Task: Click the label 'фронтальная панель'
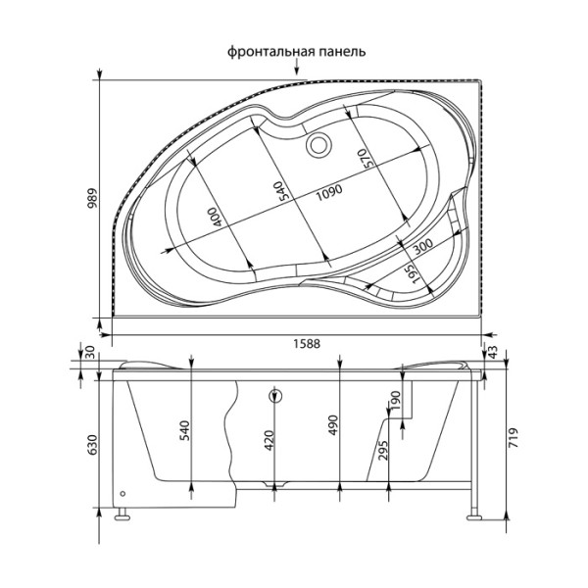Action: tap(297, 52)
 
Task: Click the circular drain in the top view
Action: tap(318, 146)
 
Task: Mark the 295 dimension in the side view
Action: tap(384, 450)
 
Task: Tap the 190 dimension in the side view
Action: tap(396, 401)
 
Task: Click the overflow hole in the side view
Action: tap(275, 397)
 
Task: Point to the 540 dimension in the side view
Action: tap(184, 428)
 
